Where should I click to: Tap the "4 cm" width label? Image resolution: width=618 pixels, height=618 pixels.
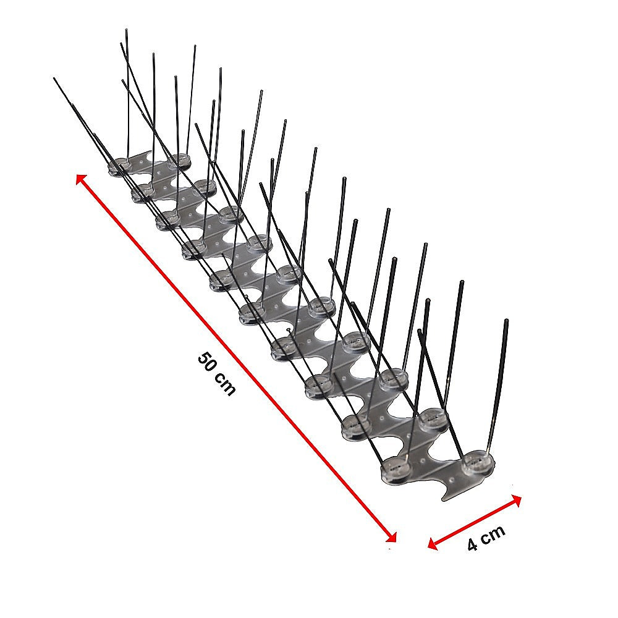[486, 536]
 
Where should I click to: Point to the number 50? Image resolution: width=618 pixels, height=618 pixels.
[208, 363]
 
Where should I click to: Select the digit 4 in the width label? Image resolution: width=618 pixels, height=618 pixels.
[473, 544]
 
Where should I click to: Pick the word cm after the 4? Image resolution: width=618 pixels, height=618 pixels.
[494, 533]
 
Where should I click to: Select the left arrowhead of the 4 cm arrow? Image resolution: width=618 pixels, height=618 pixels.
[433, 544]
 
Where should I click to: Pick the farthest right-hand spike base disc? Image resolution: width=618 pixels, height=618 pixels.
[180, 160]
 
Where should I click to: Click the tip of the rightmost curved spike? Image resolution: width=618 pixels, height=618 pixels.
[507, 321]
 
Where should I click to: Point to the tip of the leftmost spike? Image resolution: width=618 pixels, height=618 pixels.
[55, 78]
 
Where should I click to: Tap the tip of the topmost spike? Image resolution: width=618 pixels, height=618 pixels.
[125, 29]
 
